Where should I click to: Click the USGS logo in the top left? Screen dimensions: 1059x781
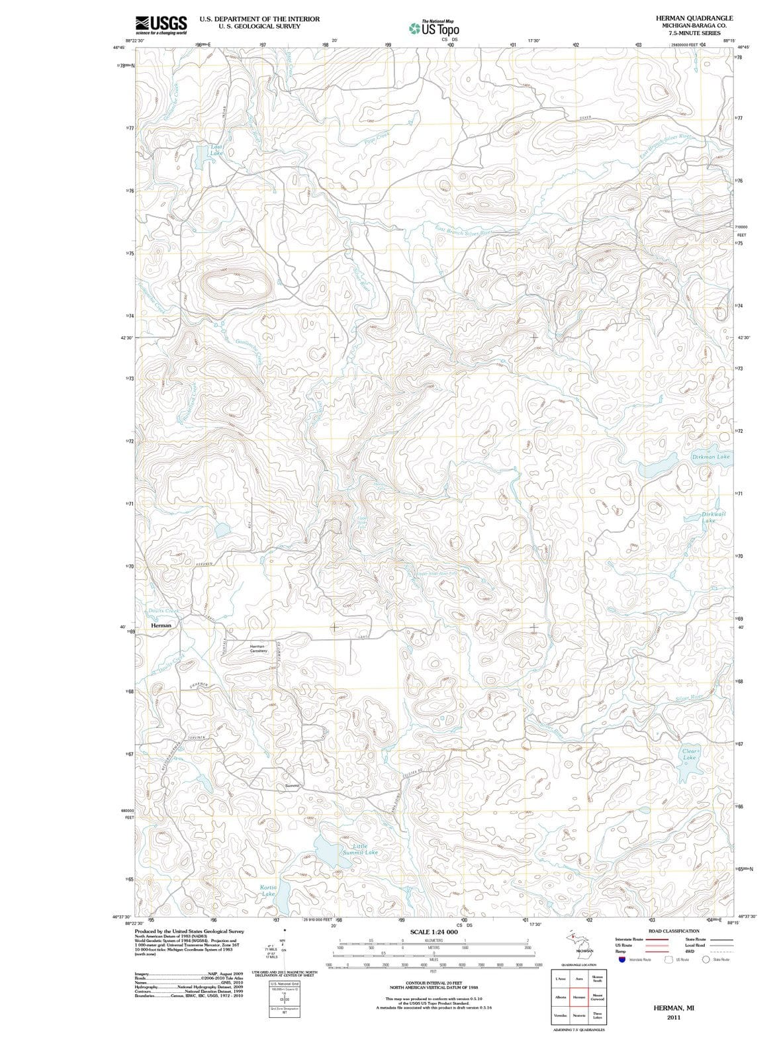(161, 24)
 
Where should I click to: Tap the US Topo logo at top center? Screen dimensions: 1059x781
(434, 28)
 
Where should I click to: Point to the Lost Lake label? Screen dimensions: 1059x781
(216, 150)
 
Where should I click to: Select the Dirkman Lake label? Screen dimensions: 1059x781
(711, 457)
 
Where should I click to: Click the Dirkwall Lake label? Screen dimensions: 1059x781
(712, 517)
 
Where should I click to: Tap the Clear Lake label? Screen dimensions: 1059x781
(690, 755)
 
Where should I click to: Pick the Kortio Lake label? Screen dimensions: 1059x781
(268, 890)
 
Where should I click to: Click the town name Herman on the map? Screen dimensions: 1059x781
(161, 625)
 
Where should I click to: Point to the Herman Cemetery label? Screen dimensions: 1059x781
(258, 649)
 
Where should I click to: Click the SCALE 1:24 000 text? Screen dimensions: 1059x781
(434, 932)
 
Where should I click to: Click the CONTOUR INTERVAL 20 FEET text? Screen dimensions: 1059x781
(434, 984)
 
